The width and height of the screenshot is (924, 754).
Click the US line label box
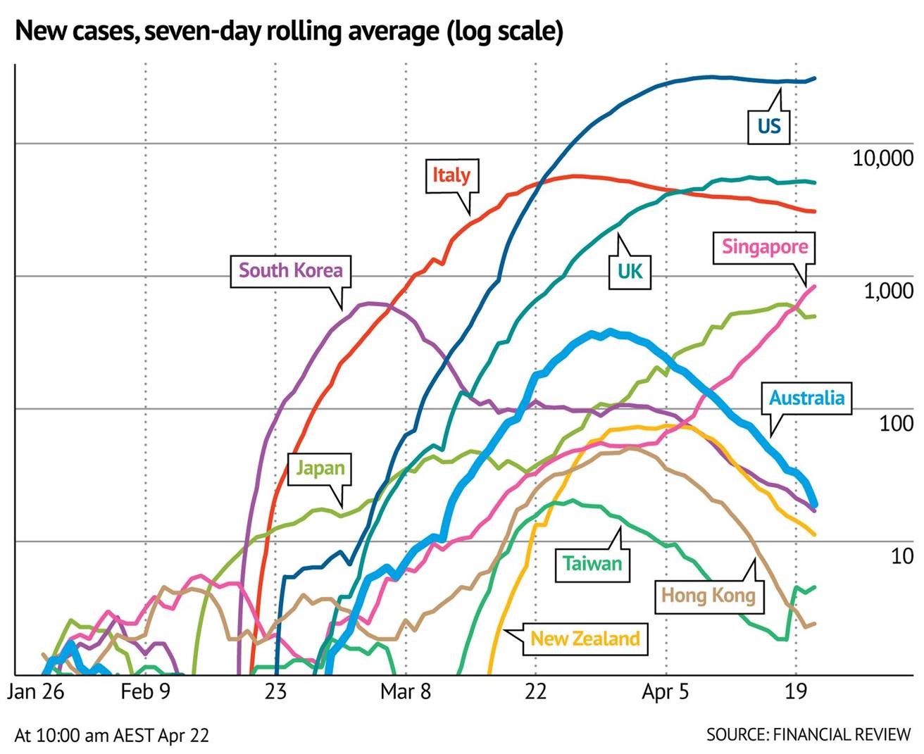[769, 126]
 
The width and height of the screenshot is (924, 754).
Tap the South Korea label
[290, 270]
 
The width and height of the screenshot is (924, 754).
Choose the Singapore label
[764, 247]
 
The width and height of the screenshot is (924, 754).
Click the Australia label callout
[806, 398]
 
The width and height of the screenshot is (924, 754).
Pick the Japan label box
[320, 467]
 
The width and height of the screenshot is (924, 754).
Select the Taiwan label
[592, 563]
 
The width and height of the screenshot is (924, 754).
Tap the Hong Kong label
[708, 596]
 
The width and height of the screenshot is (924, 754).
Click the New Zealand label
[585, 639]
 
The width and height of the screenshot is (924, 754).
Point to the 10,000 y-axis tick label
[882, 158]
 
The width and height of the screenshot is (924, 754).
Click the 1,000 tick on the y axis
[889, 290]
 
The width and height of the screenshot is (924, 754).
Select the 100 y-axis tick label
[896, 423]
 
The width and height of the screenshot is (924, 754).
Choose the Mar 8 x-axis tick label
[405, 692]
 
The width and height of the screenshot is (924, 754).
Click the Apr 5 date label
[666, 692]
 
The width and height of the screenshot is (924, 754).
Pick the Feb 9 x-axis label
[145, 692]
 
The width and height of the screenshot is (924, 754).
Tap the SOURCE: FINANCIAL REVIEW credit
[808, 734]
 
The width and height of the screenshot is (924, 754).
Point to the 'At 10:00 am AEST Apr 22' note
[111, 735]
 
